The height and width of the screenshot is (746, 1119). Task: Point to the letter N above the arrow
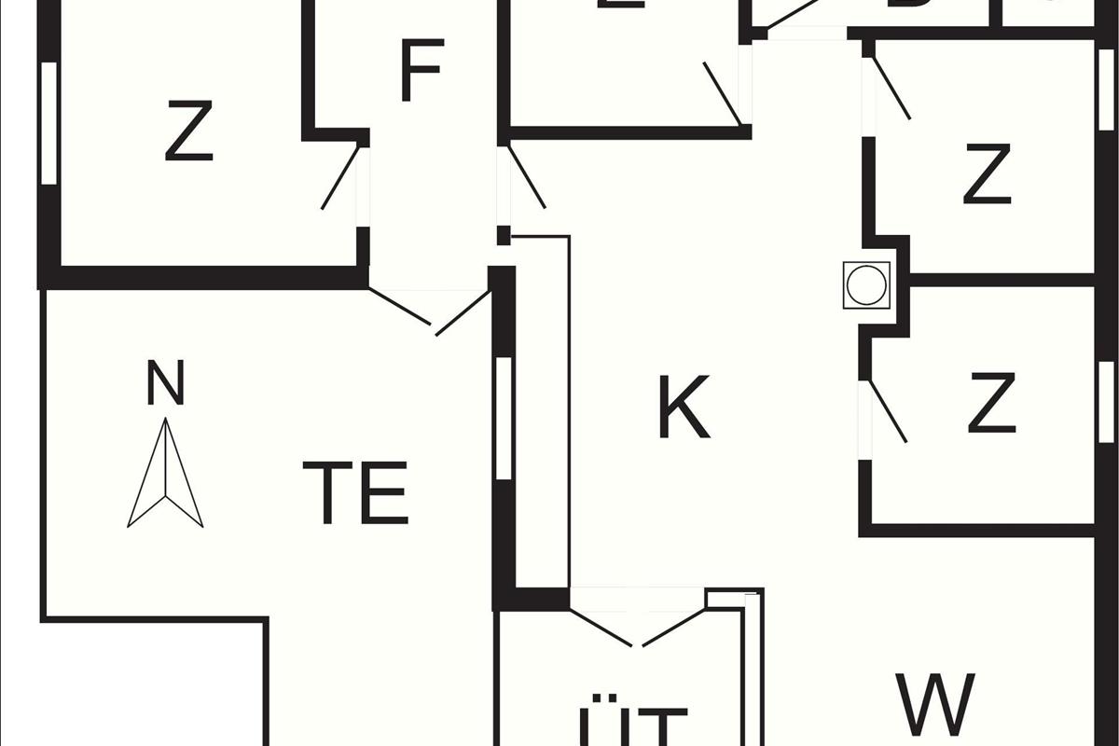tap(166, 382)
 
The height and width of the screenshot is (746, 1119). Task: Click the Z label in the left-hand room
tap(189, 131)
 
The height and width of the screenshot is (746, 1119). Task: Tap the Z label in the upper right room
tap(987, 174)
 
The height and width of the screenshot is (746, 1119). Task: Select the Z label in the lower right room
tap(991, 403)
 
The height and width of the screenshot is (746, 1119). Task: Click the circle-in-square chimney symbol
tap(866, 284)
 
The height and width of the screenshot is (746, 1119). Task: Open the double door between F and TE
tap(431, 311)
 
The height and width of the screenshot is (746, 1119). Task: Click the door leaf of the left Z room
tap(340, 177)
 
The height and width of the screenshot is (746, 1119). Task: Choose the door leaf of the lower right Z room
tap(887, 411)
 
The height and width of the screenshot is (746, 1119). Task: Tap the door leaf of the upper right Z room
tap(891, 89)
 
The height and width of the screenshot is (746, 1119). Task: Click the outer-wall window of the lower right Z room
tap(1106, 401)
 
